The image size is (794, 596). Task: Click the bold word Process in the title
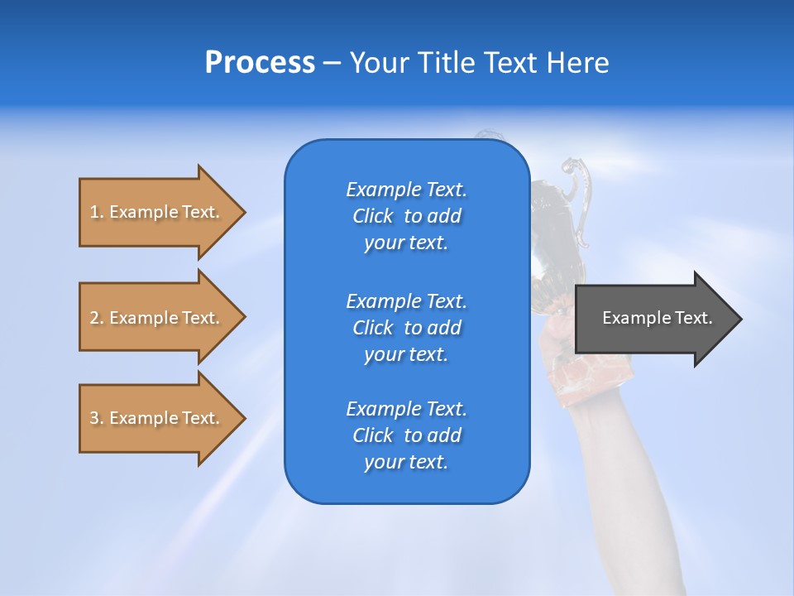[260, 63]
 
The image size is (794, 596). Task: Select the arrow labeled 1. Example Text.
[157, 212]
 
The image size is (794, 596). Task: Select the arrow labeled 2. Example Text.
[157, 318]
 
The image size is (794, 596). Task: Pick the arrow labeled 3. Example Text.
[157, 418]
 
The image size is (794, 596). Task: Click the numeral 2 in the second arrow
[94, 318]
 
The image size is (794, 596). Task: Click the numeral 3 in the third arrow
[94, 418]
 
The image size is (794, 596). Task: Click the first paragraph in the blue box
[406, 216]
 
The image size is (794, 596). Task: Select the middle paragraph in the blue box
[406, 328]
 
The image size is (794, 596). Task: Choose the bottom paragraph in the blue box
[406, 435]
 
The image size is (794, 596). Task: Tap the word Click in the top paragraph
[373, 216]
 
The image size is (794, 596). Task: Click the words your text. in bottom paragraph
[406, 462]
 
